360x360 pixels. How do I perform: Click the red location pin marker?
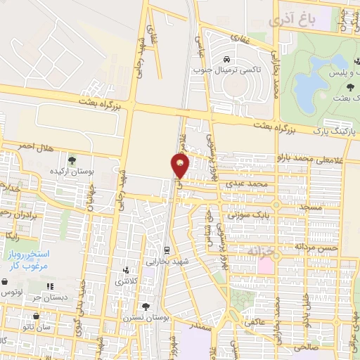tap(181, 166)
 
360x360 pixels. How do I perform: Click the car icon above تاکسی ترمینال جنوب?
tap(226, 58)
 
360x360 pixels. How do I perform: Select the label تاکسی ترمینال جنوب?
tap(226, 70)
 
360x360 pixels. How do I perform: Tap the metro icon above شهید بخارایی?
tap(166, 250)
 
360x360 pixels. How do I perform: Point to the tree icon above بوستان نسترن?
tap(146, 307)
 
